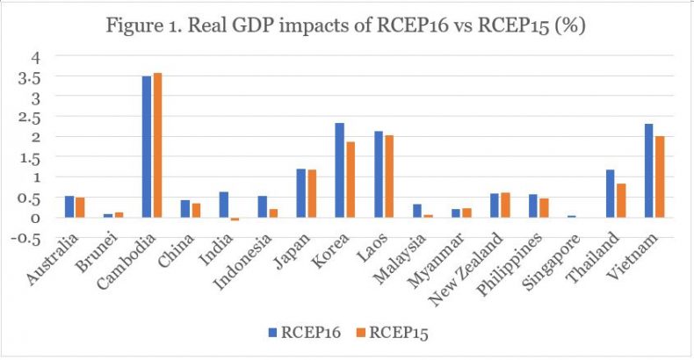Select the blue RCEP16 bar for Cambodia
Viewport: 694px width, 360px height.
point(147,147)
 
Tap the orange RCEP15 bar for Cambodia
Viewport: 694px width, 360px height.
point(157,145)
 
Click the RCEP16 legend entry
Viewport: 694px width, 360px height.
point(303,333)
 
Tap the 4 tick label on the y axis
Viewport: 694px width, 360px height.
point(36,56)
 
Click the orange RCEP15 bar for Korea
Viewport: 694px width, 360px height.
point(349,179)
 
